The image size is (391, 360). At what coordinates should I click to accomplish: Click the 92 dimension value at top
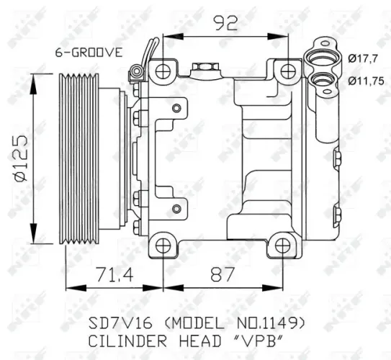[225, 23]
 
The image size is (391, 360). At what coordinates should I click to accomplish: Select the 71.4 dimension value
[112, 274]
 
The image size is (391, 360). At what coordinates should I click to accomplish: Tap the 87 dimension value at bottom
[220, 274]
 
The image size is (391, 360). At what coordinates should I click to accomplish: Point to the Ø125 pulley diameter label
[19, 158]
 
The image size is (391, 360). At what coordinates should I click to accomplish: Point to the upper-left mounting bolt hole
[163, 71]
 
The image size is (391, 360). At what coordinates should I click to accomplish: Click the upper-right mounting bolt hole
[289, 71]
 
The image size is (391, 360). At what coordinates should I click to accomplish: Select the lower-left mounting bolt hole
[163, 245]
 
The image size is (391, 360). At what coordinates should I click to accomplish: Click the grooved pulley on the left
[81, 158]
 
